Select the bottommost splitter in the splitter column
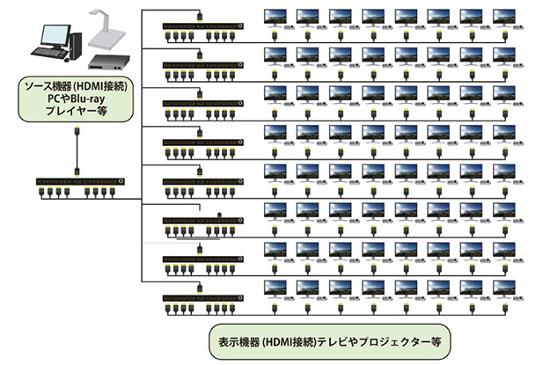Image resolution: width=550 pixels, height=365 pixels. (200, 299)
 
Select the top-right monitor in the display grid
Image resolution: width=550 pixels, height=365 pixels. (505, 18)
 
